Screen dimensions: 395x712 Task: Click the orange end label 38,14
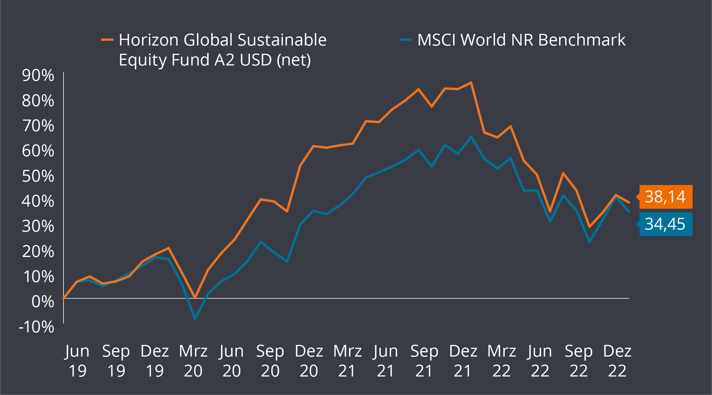[x=666, y=197]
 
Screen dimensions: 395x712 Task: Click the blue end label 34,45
[x=666, y=224]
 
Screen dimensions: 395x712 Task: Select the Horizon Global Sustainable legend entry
[x=222, y=50]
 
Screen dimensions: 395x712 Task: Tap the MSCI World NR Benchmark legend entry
[x=521, y=40]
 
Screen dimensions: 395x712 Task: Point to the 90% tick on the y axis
[x=38, y=76]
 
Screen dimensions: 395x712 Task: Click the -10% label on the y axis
[x=36, y=327]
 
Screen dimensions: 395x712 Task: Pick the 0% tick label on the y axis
[x=43, y=302]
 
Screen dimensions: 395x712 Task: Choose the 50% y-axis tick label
[x=38, y=176]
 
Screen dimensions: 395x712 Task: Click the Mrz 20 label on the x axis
[x=193, y=361]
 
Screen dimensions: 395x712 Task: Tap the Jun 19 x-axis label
[x=77, y=361]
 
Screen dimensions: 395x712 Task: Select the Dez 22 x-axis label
[x=617, y=361]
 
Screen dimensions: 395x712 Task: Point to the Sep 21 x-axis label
[x=424, y=361]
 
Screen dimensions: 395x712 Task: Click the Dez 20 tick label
[x=309, y=361]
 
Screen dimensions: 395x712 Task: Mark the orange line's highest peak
[x=471, y=83]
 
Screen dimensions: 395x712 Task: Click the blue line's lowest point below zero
[x=195, y=319]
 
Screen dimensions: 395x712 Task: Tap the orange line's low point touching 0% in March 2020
[x=195, y=298]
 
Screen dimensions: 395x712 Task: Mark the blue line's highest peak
[x=471, y=137]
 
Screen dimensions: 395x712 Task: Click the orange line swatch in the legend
[x=107, y=40]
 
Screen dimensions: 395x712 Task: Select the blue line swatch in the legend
[x=406, y=40]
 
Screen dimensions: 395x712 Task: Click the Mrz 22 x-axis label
[x=502, y=361]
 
